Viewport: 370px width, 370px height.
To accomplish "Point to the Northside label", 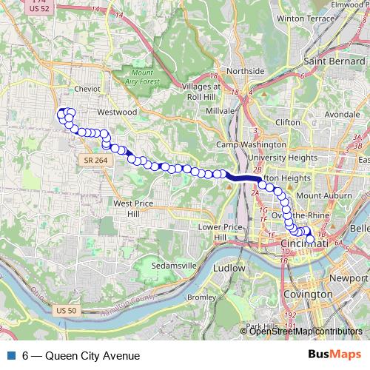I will click(x=245, y=71).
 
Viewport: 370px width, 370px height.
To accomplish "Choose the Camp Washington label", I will click(x=245, y=145).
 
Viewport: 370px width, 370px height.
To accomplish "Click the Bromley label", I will click(x=201, y=297).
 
